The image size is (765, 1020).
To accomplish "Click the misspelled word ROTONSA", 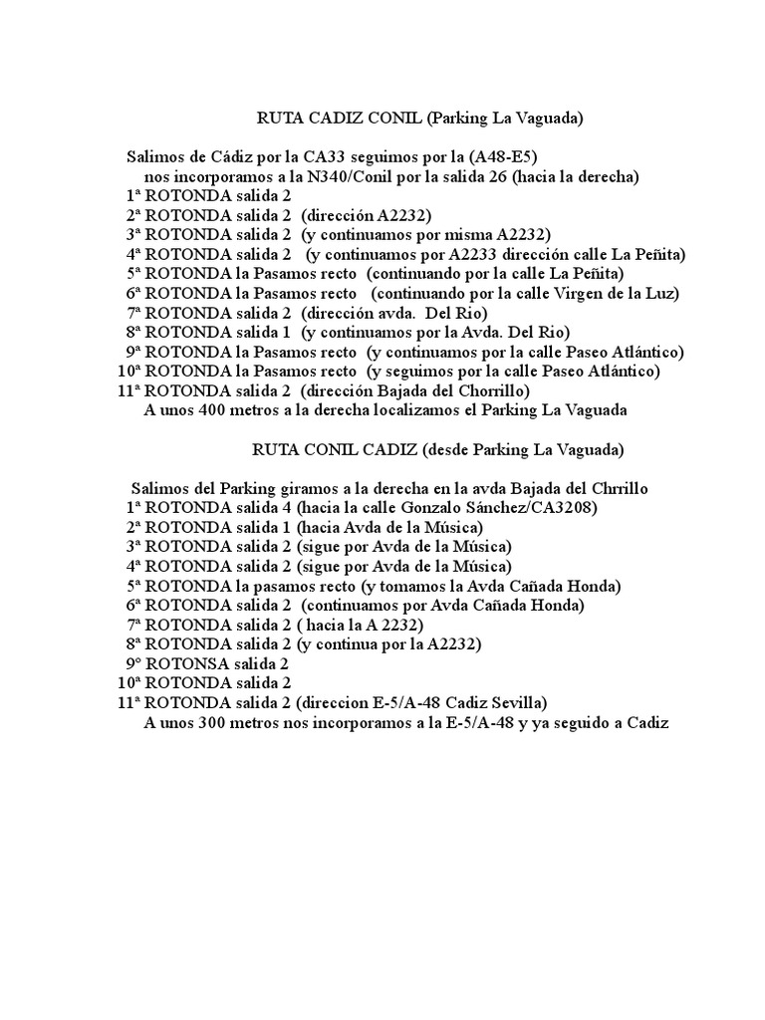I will [x=187, y=663].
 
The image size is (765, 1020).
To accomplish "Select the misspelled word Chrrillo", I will [x=621, y=488].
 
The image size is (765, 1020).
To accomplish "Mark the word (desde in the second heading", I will [x=448, y=449].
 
